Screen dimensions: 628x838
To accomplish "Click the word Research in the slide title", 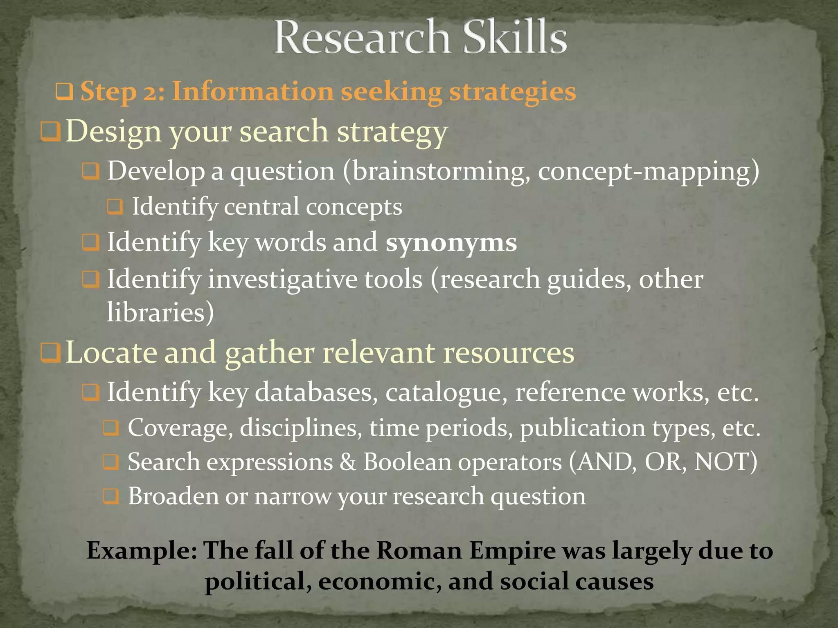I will (x=362, y=38).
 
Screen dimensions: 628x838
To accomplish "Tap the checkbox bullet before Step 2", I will (x=64, y=92).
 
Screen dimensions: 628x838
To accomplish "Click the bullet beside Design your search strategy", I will (x=51, y=132).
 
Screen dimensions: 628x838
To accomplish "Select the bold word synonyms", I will (x=451, y=242).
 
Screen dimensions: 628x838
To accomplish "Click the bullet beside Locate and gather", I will (x=51, y=352).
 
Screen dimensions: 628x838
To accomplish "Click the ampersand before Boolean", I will (x=348, y=462).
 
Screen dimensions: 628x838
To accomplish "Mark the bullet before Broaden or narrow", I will (x=111, y=496).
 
